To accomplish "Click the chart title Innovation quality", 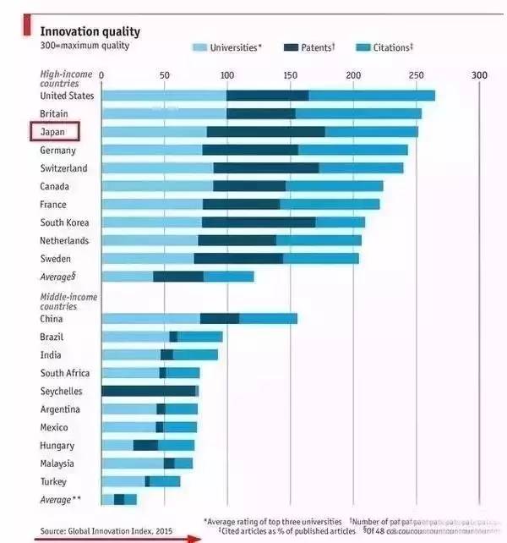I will click(x=90, y=31).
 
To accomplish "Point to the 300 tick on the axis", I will click(x=479, y=75).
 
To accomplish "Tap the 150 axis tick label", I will click(x=291, y=75).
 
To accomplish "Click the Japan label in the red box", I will click(x=53, y=132).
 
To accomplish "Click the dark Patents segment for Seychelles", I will click(x=149, y=391).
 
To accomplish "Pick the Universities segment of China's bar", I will click(x=150, y=319).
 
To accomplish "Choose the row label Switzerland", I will click(x=63, y=168).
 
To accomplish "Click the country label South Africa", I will click(x=65, y=373).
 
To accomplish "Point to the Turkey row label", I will click(x=55, y=481).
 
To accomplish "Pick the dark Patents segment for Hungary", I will click(x=145, y=445).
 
